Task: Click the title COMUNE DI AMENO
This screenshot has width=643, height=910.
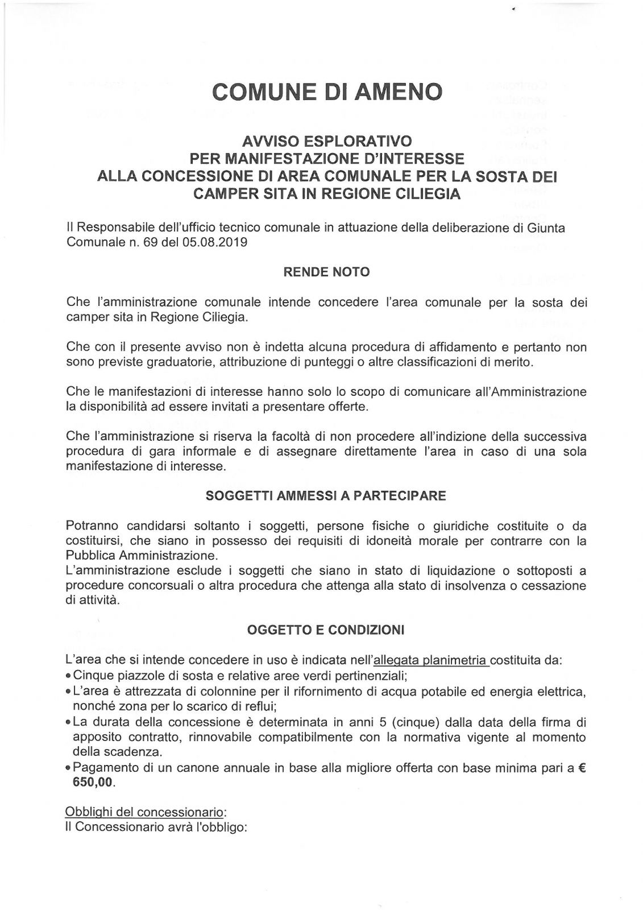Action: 326,91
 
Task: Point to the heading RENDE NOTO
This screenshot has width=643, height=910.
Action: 326,272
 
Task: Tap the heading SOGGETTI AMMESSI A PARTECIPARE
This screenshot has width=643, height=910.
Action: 326,495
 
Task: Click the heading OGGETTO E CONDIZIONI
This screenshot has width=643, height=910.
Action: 326,630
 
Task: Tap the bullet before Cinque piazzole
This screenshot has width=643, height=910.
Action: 69,677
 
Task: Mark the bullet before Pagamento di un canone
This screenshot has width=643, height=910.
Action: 69,768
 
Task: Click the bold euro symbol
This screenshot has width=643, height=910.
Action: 582,768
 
